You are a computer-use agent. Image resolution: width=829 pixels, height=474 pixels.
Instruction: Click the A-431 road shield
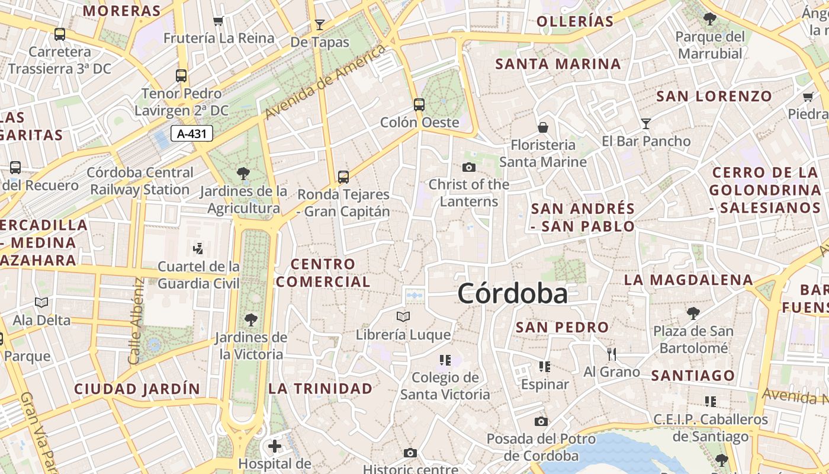(192, 133)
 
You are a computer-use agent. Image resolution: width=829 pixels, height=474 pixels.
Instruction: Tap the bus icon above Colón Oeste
(419, 105)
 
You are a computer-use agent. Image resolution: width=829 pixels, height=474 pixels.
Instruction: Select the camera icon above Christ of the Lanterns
(469, 167)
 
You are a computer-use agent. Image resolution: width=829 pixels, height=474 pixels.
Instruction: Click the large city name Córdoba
(512, 294)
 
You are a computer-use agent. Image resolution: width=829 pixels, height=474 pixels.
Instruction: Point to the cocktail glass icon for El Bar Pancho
(646, 123)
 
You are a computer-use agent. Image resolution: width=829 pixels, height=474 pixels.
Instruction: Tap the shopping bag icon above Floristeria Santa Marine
(542, 127)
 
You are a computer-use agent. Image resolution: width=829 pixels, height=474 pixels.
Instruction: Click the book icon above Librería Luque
(403, 316)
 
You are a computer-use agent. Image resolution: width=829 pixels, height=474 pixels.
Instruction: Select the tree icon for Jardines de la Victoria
(251, 320)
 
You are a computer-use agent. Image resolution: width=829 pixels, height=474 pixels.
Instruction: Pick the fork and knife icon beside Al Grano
(612, 354)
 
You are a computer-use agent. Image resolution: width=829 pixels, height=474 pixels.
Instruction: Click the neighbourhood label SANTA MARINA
(558, 64)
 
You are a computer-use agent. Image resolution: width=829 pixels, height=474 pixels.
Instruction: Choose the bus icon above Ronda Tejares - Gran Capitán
(343, 177)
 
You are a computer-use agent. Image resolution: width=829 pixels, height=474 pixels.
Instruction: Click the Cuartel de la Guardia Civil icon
(198, 249)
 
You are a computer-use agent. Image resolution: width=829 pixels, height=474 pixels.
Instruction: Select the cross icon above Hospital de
(275, 446)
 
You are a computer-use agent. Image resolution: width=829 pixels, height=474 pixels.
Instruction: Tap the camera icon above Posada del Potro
(541, 421)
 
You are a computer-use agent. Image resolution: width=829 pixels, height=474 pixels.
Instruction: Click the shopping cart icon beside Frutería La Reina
(219, 21)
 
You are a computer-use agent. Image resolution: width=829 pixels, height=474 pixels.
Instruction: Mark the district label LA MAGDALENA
(688, 280)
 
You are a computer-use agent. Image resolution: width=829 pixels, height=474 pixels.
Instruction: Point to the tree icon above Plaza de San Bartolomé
(693, 313)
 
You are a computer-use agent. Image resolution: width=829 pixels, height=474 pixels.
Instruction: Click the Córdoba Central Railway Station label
(141, 181)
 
